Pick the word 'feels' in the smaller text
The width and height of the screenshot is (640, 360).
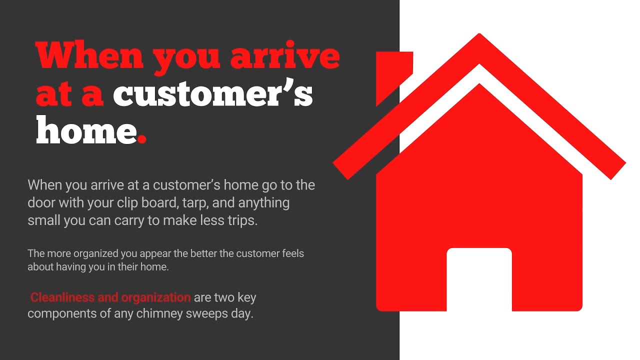coord(291,253)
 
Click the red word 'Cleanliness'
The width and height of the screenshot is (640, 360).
coord(62,297)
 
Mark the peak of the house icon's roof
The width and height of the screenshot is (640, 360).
coord(479,36)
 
